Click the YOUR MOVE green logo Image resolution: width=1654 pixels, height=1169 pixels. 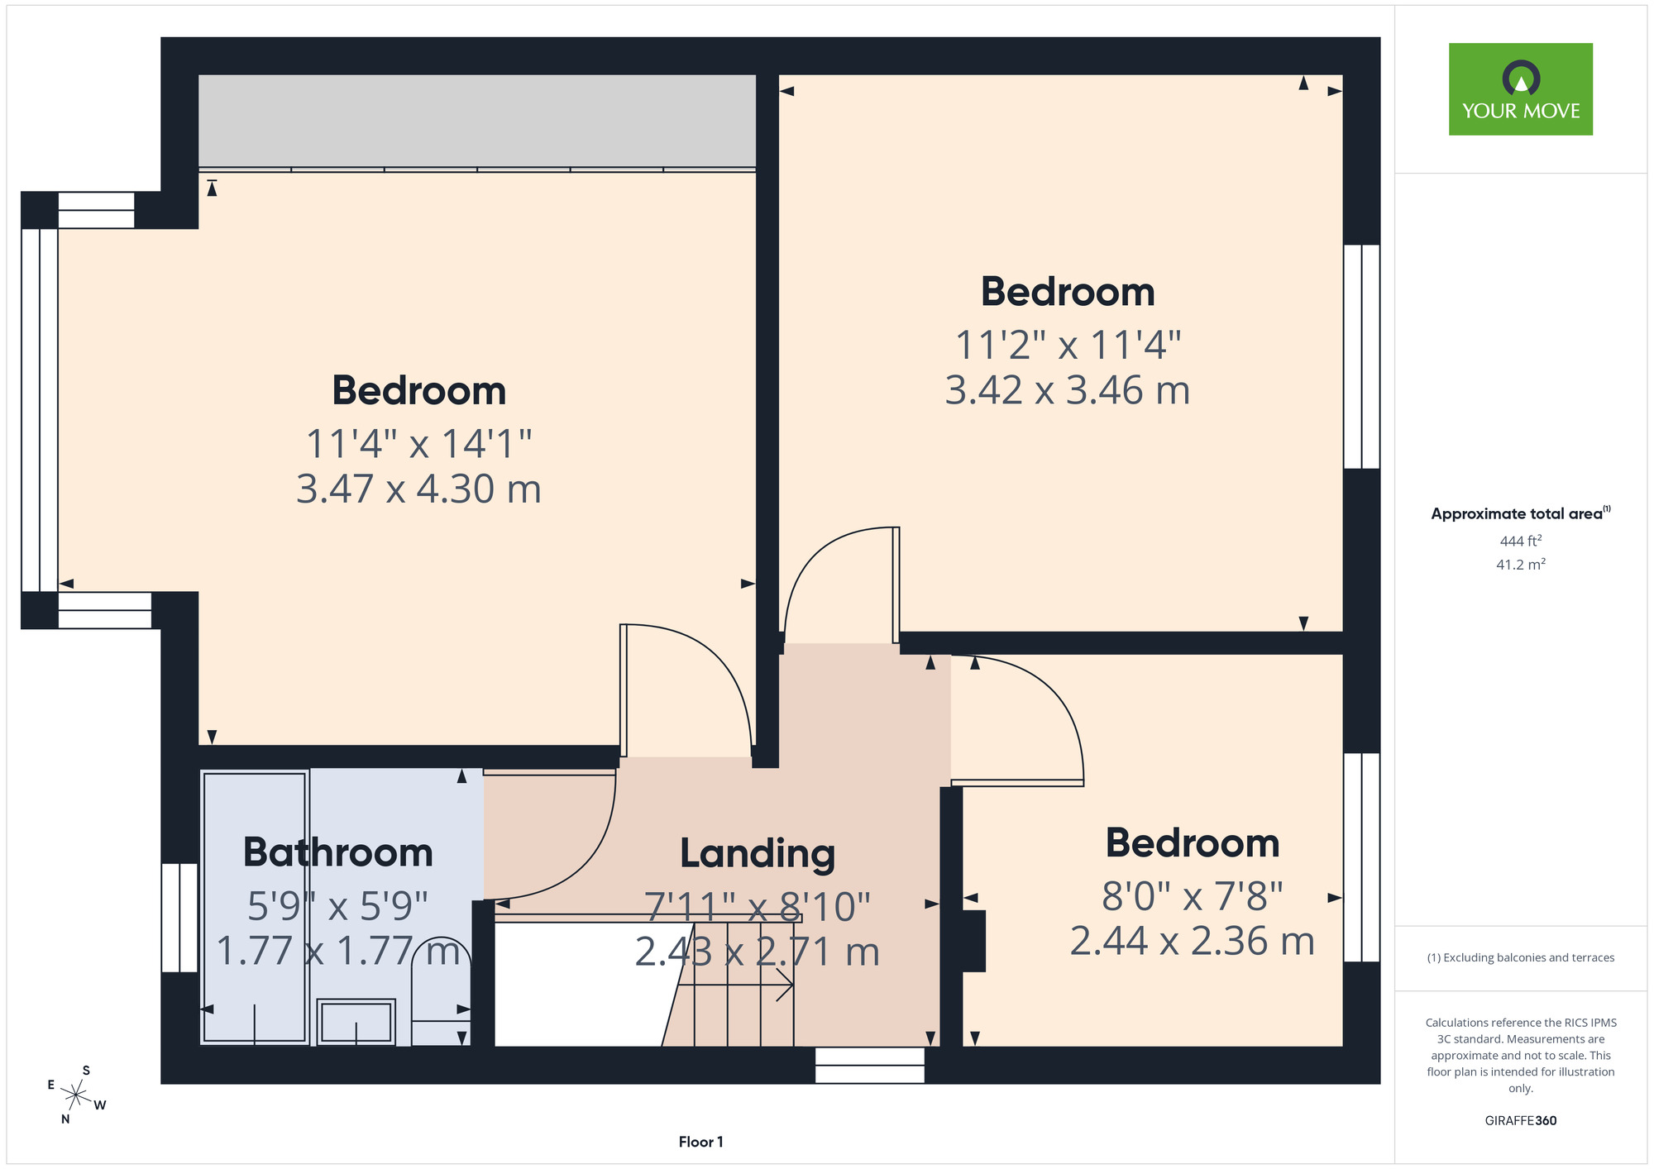(1520, 89)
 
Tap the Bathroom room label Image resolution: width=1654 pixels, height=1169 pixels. (337, 852)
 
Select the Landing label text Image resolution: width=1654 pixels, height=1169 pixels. (758, 855)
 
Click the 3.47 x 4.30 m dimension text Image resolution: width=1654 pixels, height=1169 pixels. (418, 489)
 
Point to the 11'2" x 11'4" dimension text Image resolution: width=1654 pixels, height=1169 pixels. (1068, 344)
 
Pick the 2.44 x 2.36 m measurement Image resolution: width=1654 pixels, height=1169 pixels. (1193, 941)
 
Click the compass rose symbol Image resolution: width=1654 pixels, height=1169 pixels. (76, 1096)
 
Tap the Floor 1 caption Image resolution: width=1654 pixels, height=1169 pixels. (700, 1142)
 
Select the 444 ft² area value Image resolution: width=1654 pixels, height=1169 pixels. (1520, 541)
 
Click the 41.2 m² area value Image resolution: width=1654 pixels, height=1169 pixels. (1520, 565)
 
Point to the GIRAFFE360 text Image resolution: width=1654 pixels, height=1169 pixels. (1520, 1121)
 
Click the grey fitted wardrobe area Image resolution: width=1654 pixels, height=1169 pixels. (477, 121)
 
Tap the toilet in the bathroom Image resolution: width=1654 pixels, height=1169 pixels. (442, 992)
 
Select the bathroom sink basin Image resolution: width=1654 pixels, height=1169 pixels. (356, 1022)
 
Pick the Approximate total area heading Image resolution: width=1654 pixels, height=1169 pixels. (1520, 513)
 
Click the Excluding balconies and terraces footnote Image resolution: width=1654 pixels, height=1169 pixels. (1520, 957)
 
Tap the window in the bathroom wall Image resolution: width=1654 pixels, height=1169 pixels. (179, 918)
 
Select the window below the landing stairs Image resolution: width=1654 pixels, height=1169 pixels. (869, 1065)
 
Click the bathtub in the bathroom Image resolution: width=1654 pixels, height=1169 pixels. (256, 907)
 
